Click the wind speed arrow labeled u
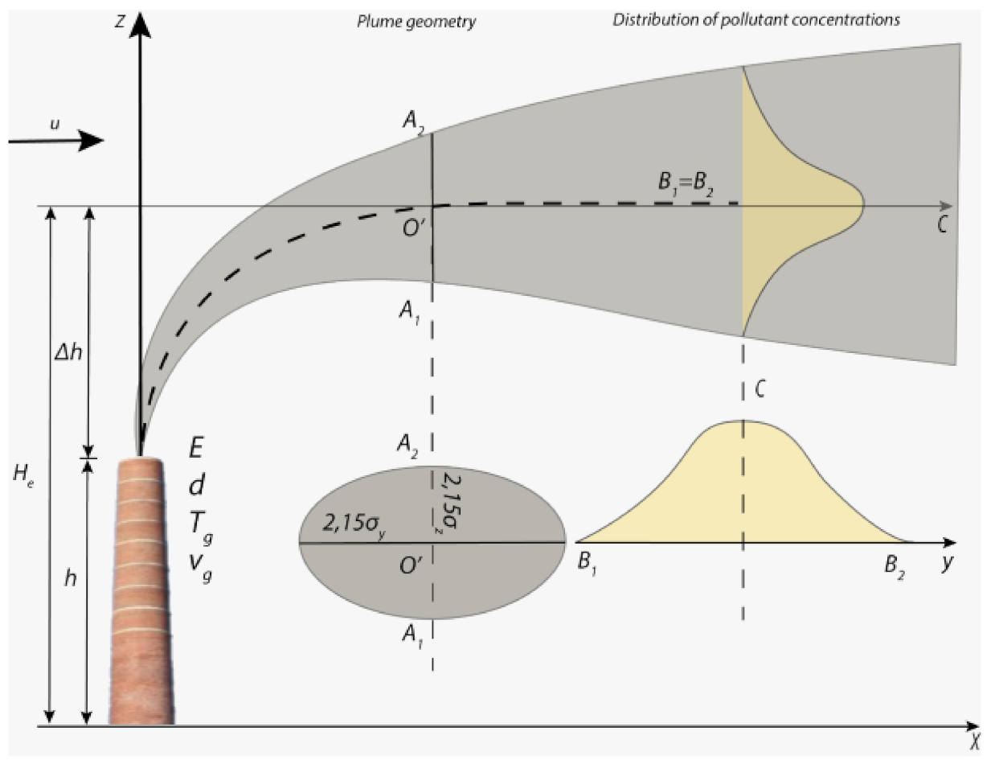(56, 141)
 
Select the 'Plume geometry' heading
(416, 21)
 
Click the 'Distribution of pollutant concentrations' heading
(756, 20)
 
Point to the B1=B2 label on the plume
(683, 190)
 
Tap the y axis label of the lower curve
(948, 562)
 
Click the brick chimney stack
(141, 595)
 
